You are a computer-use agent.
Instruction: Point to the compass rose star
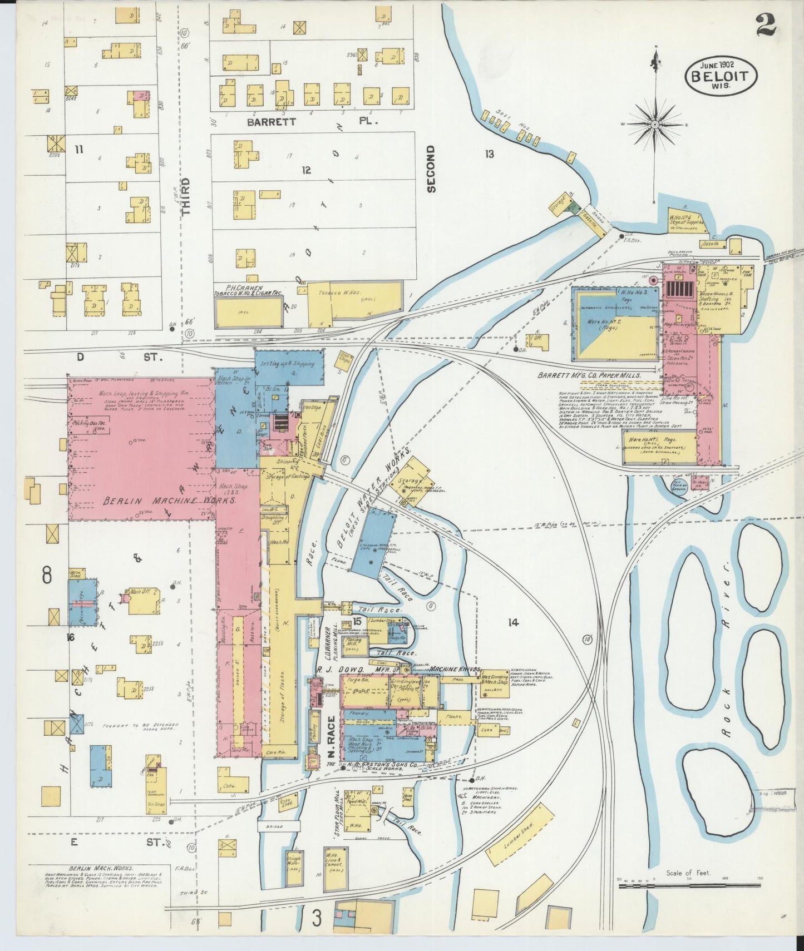click(x=655, y=123)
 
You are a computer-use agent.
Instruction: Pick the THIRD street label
click(x=186, y=196)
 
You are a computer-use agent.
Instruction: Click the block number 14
click(x=513, y=622)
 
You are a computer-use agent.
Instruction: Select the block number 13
click(x=489, y=154)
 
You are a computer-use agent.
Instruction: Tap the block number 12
click(x=306, y=170)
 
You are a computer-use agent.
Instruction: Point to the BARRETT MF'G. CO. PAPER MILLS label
click(x=589, y=375)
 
